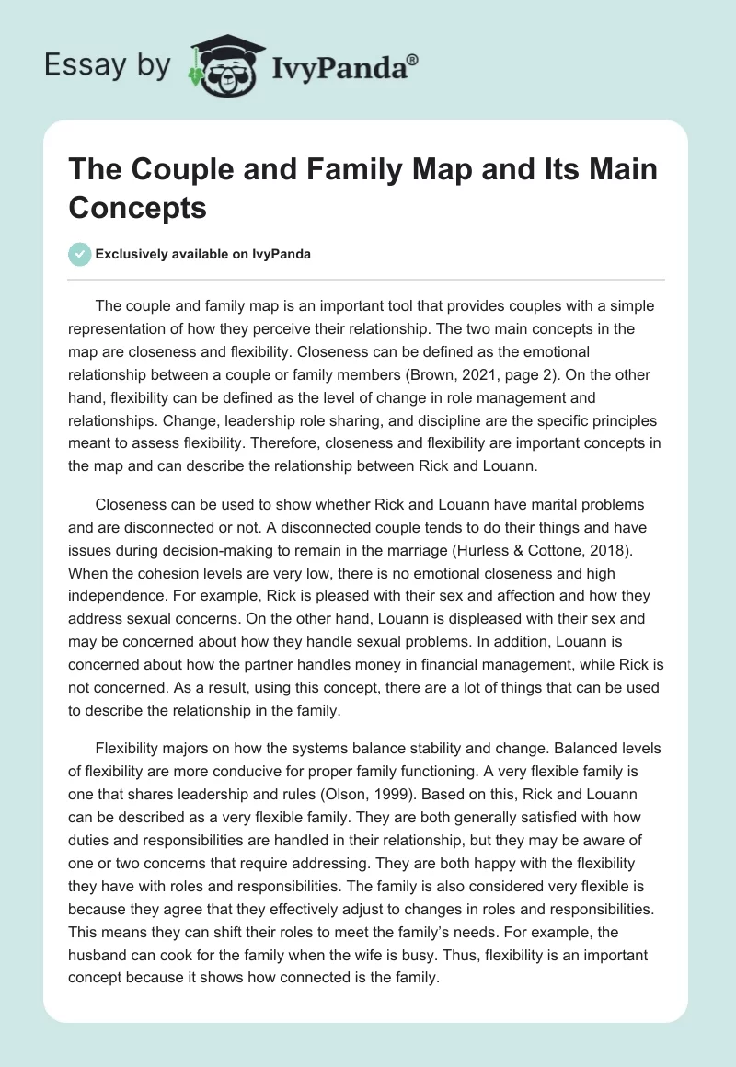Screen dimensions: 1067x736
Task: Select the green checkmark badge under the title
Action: (x=79, y=254)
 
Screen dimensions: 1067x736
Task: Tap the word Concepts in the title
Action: (x=137, y=208)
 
